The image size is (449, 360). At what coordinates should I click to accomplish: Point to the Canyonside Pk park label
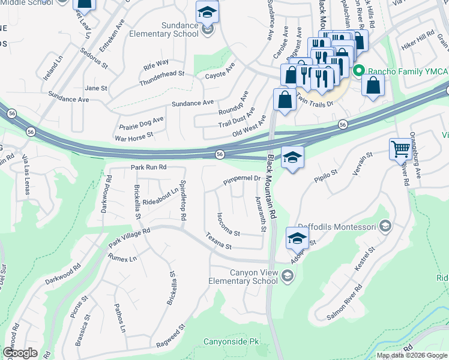click(x=231, y=341)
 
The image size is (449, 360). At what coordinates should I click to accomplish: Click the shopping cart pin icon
click(x=400, y=149)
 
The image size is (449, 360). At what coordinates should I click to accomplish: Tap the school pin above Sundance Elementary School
click(x=207, y=13)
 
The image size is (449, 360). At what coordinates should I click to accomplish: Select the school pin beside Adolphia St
click(x=298, y=238)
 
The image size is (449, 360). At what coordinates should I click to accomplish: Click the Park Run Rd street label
click(x=148, y=167)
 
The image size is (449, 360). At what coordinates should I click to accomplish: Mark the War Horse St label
click(x=134, y=137)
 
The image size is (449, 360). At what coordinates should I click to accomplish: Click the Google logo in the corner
click(x=20, y=353)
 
